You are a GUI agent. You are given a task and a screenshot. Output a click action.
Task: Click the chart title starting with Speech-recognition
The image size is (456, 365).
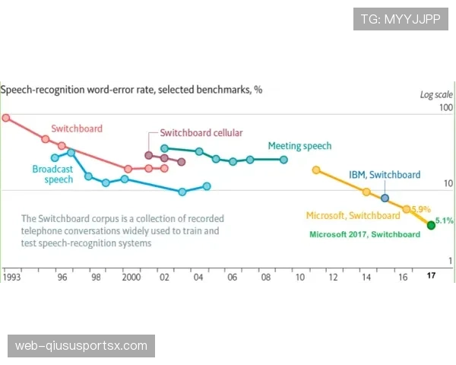click(131, 89)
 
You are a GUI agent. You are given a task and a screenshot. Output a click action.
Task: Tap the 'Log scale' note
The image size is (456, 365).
click(436, 95)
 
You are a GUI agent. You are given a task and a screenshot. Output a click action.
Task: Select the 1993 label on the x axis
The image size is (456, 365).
click(11, 278)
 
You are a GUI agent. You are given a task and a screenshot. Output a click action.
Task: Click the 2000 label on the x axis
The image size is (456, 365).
click(131, 278)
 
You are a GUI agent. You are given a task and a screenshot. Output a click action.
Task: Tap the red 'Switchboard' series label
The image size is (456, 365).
click(77, 129)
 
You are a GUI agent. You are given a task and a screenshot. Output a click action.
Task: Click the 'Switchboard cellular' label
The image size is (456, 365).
click(201, 133)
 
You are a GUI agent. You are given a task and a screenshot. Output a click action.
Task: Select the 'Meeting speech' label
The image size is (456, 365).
click(299, 146)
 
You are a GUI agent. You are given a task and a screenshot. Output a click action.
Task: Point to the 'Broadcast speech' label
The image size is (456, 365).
click(52, 174)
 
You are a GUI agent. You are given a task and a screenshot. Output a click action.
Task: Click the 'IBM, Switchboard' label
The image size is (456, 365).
click(385, 175)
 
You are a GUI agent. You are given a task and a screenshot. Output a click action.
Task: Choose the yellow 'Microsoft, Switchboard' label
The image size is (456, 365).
click(353, 215)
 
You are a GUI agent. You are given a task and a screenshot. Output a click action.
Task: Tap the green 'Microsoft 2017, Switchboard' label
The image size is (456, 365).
click(365, 234)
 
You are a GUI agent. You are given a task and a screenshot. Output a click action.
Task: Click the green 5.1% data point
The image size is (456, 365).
click(431, 224)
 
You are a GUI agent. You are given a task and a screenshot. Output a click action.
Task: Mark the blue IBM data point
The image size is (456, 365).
click(385, 198)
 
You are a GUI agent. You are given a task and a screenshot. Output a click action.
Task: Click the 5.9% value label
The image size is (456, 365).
click(421, 209)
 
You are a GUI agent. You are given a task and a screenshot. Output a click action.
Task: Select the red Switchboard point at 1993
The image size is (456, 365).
click(6, 118)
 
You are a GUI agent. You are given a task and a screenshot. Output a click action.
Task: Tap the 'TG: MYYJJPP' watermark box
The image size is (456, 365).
click(401, 19)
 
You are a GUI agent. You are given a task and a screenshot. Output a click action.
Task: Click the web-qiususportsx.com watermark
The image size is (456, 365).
click(81, 346)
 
